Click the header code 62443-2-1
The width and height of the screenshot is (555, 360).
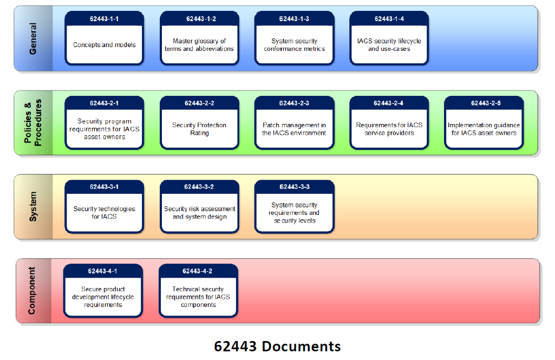pyautogui.click(x=105, y=103)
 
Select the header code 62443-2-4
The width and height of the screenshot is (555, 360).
pyautogui.click(x=389, y=103)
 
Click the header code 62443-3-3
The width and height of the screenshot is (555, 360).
pyautogui.click(x=294, y=187)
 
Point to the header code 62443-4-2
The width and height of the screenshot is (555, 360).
pyautogui.click(x=198, y=271)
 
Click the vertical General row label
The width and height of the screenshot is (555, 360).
pyautogui.click(x=34, y=38)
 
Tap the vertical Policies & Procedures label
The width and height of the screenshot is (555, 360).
pyautogui.click(x=34, y=122)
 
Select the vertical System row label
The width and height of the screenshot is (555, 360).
pyautogui.click(x=34, y=206)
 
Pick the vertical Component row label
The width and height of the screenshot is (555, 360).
pyautogui.click(x=32, y=290)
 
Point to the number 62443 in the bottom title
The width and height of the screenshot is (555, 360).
pyautogui.click(x=236, y=346)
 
